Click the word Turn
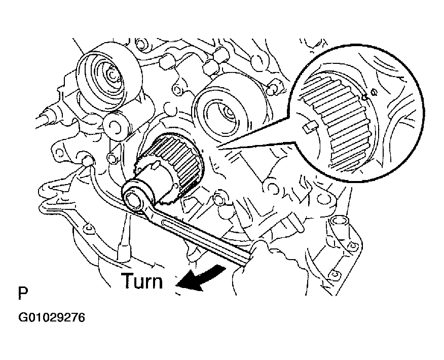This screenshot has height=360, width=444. point(142,281)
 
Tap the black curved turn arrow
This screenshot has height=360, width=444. point(200,279)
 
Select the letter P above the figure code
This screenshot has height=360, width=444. point(23,293)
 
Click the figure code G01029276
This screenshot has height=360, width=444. point(52,317)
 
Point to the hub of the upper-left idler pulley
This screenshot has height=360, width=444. point(113,76)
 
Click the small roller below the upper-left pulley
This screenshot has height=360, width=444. point(117,125)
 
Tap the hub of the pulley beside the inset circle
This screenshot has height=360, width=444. point(229,113)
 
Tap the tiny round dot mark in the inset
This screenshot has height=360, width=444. point(374,91)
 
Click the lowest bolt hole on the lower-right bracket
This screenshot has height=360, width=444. point(334,274)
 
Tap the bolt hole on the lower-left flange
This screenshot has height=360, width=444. point(89,228)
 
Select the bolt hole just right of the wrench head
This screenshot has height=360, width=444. point(218,199)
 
